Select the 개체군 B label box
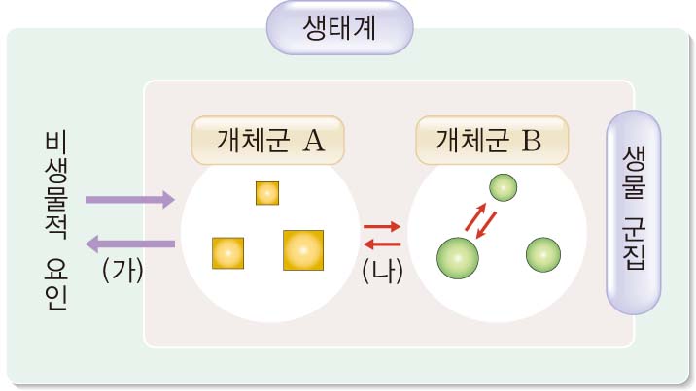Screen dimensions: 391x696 pos(491,141)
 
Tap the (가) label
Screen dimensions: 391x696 pos(122,271)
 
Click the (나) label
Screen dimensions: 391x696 pos(381,271)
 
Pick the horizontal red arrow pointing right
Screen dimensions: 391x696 pos(382,226)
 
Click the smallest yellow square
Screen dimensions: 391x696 pos(267,192)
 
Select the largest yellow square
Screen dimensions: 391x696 pos(302,249)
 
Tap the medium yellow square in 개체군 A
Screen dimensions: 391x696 pos(227,252)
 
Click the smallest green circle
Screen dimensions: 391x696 pos(503,187)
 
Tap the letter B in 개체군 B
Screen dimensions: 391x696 pos(531,141)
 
